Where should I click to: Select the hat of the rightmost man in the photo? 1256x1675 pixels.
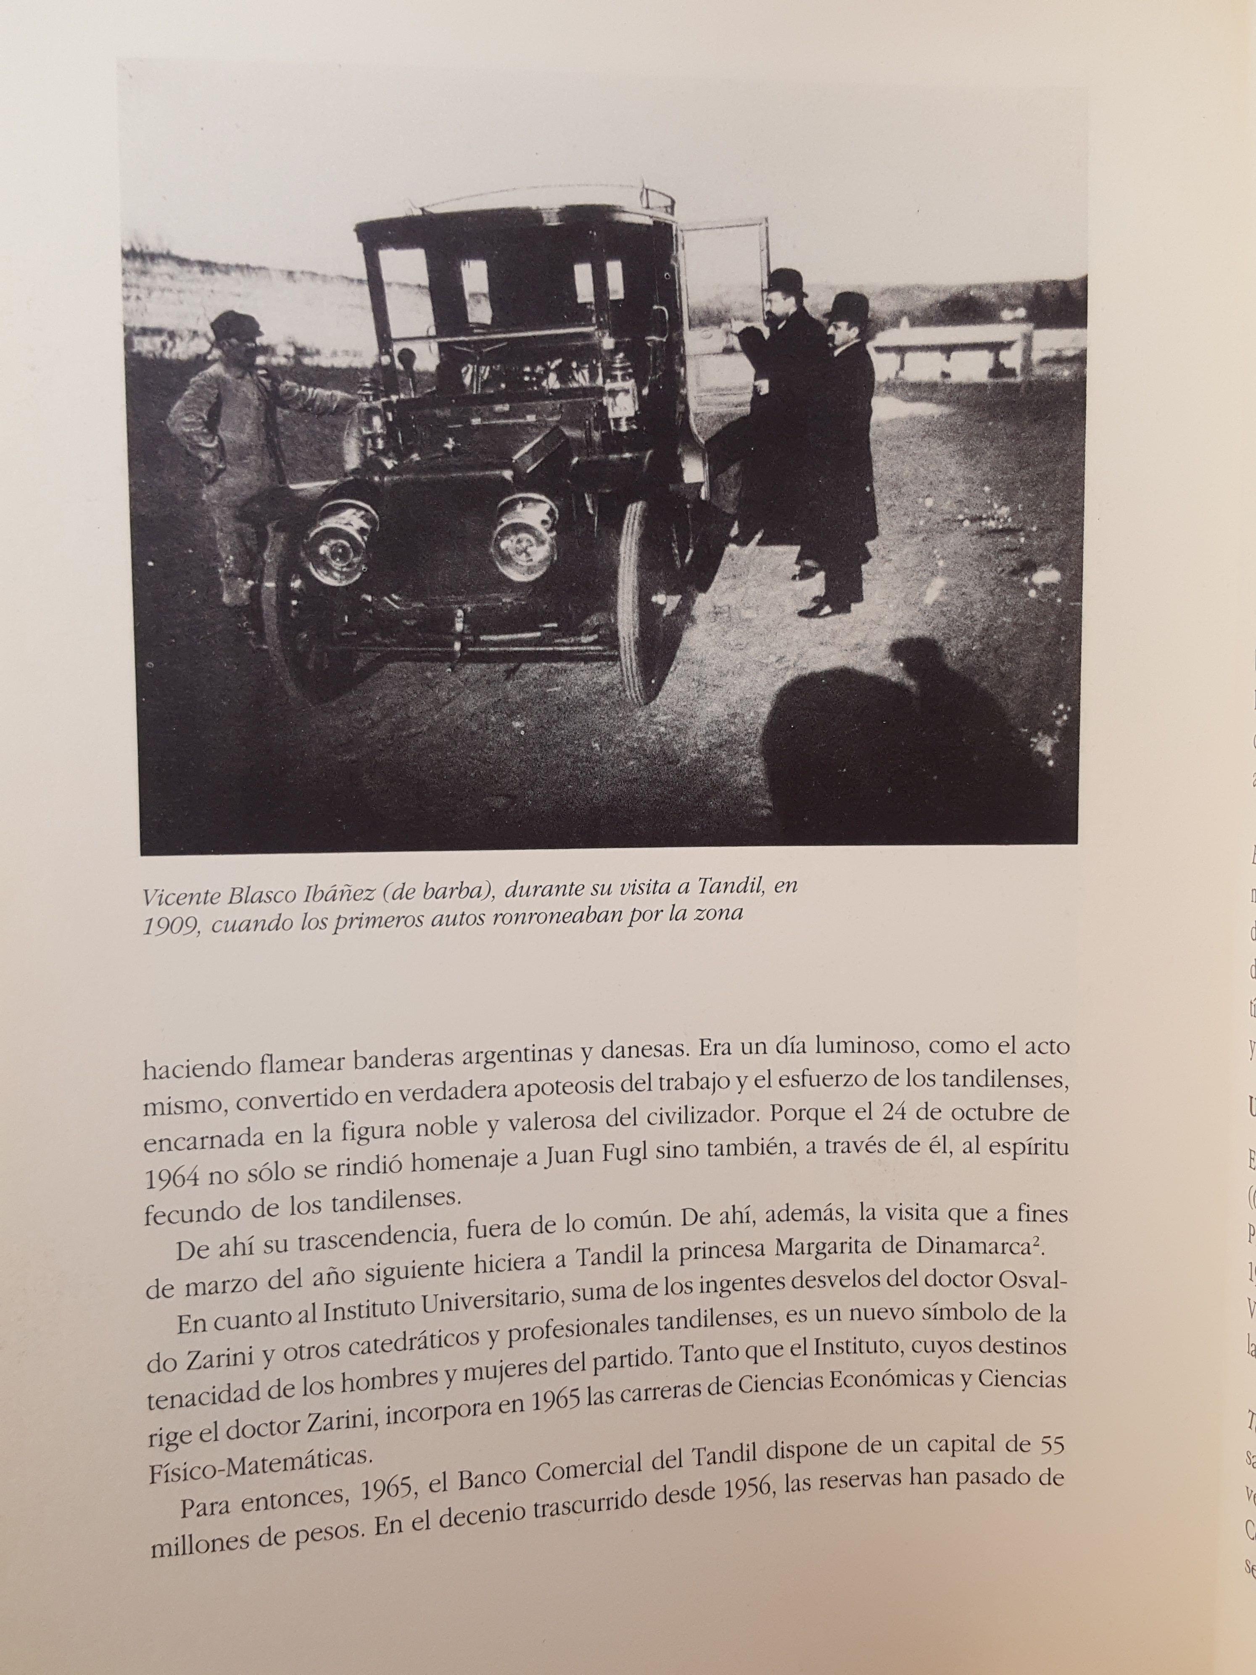pyautogui.click(x=847, y=306)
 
